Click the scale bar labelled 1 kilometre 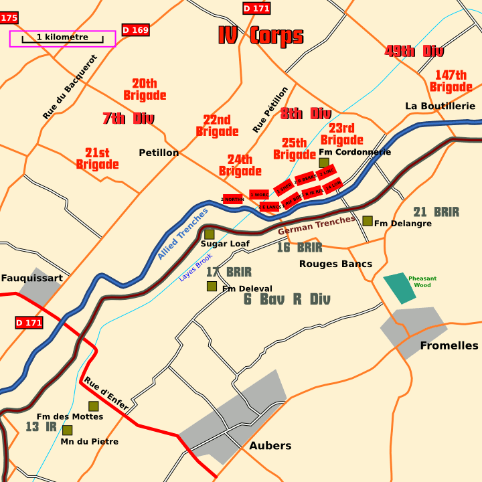click(62, 39)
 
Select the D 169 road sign click(135, 30)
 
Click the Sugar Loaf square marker click(210, 234)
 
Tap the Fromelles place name click(449, 345)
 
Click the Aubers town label click(270, 445)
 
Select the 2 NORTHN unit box click(232, 199)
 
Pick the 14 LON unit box click(333, 183)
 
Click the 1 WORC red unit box click(259, 195)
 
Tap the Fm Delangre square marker click(368, 221)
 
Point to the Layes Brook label click(195, 267)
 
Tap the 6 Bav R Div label click(287, 299)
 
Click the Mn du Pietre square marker click(68, 430)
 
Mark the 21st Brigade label click(97, 159)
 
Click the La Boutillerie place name click(440, 106)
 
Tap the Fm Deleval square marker click(212, 287)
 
